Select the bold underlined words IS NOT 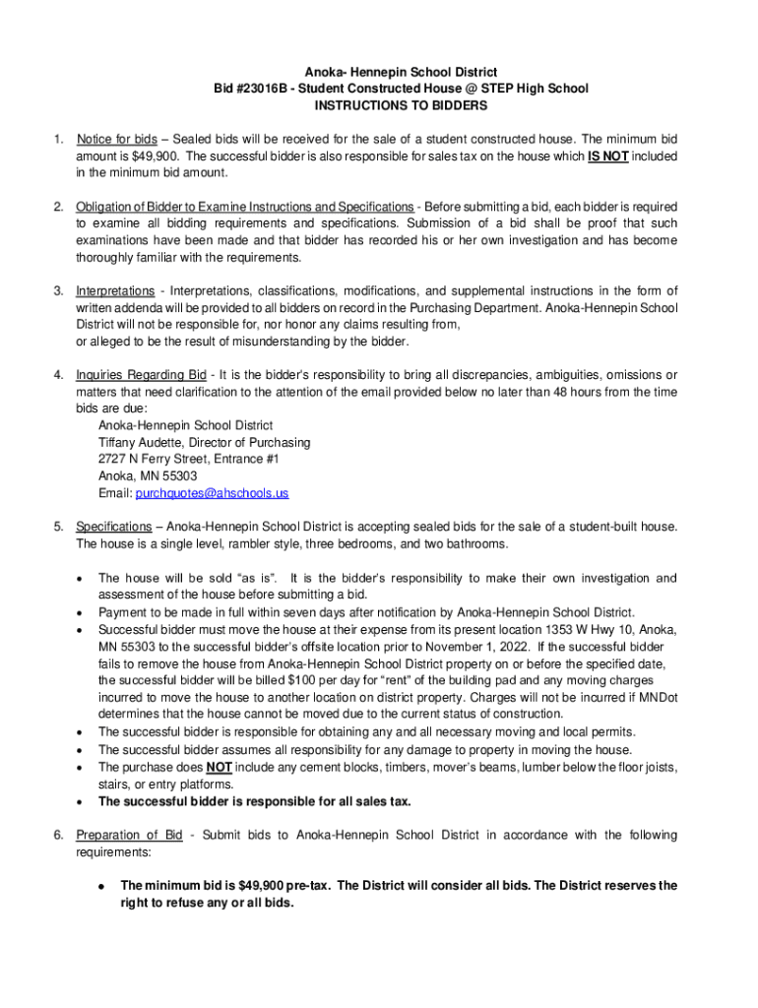[x=608, y=156]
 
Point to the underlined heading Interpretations [x=115, y=291]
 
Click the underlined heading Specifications [x=114, y=528]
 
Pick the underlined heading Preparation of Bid [x=129, y=836]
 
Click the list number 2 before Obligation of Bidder [x=58, y=207]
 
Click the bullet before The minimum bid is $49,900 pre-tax [x=101, y=886]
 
